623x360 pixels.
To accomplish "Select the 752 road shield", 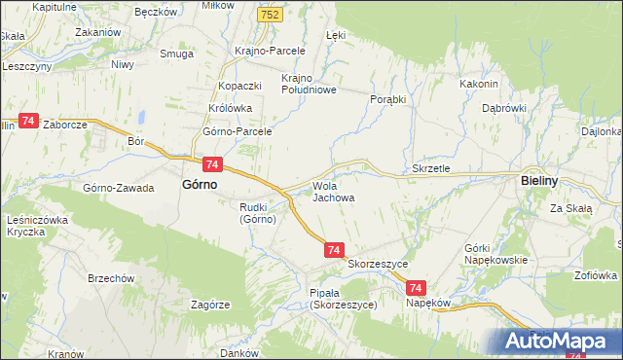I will pos(272,15).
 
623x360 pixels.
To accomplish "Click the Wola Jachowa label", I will pos(332,192).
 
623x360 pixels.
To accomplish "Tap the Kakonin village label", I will pos(479,84).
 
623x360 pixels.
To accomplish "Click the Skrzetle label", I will pos(431,168).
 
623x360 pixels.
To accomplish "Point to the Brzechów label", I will pos(110,277).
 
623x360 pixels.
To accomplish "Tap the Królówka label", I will pos(231,109).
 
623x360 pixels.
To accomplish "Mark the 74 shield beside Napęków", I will pos(416,288).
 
